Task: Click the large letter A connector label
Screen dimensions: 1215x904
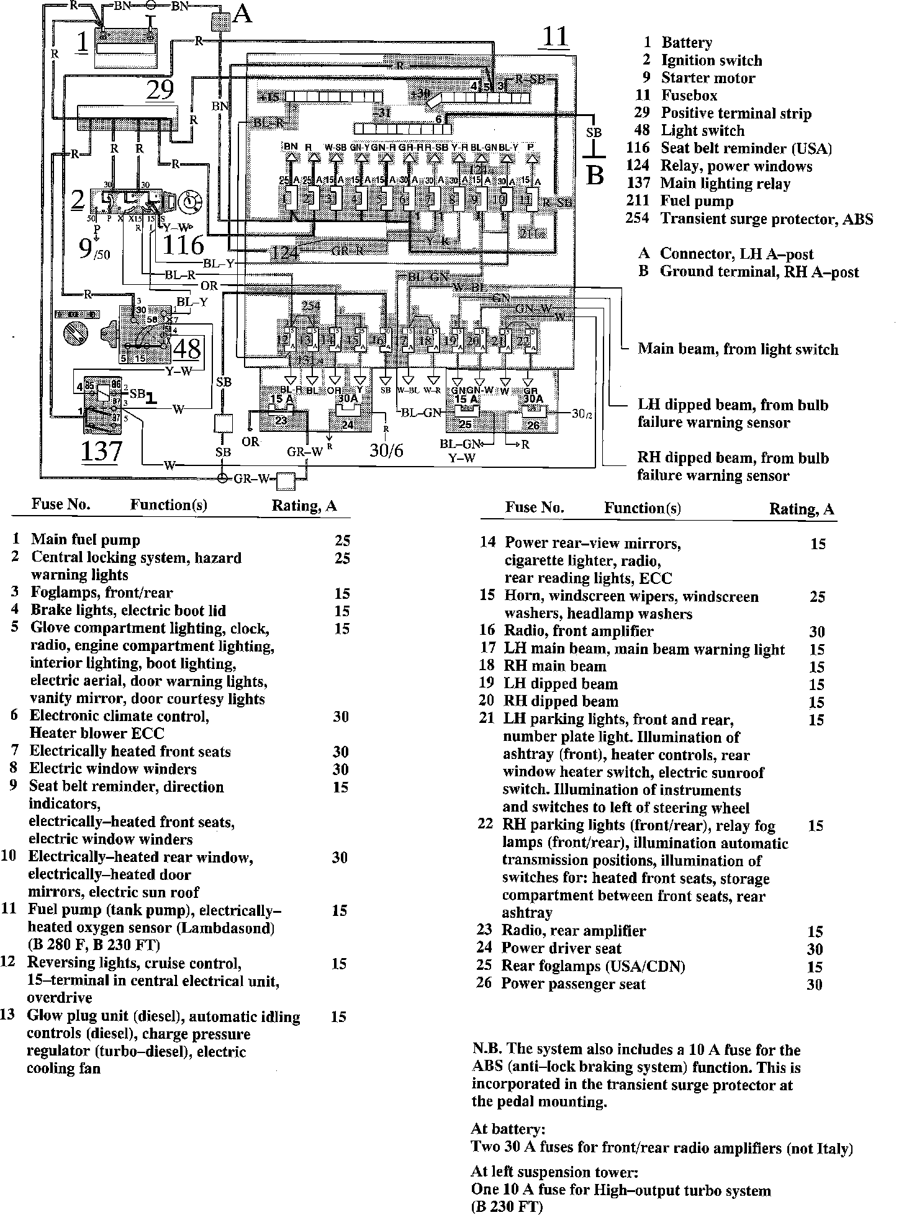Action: pyautogui.click(x=242, y=14)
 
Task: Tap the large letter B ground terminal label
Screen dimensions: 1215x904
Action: pyautogui.click(x=595, y=176)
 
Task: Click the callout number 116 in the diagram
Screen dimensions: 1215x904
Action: pyautogui.click(x=183, y=245)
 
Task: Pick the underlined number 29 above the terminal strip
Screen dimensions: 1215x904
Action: pyautogui.click(x=160, y=91)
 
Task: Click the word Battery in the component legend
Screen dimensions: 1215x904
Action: pyautogui.click(x=686, y=43)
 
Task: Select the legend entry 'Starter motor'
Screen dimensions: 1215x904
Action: pyautogui.click(x=708, y=78)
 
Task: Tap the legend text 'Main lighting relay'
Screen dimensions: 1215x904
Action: pyautogui.click(x=725, y=184)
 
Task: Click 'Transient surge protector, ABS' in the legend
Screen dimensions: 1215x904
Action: pyautogui.click(x=766, y=219)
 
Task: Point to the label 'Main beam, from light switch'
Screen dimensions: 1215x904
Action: pyautogui.click(x=738, y=349)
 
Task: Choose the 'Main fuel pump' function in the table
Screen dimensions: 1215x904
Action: pyautogui.click(x=86, y=540)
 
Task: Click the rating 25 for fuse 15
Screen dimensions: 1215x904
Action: pyautogui.click(x=817, y=597)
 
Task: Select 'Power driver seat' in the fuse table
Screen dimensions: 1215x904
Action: pyautogui.click(x=561, y=948)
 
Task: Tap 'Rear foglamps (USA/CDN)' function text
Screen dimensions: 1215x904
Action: pyautogui.click(x=593, y=966)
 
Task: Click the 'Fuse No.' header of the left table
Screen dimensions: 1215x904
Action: pyautogui.click(x=61, y=504)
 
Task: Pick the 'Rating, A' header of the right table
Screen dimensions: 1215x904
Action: pyautogui.click(x=802, y=509)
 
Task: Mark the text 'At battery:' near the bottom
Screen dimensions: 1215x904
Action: pyautogui.click(x=508, y=1128)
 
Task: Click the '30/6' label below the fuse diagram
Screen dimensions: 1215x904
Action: pyautogui.click(x=386, y=450)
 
